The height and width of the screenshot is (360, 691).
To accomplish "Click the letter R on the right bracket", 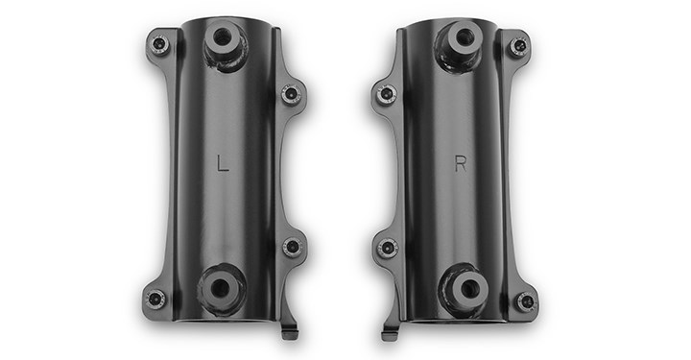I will (461, 164).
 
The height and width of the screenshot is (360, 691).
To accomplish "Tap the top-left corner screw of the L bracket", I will (159, 43).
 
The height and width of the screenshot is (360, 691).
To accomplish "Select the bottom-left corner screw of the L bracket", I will (155, 298).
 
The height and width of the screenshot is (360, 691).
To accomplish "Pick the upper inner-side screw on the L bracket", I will (291, 94).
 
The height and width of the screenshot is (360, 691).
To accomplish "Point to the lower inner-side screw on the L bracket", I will (292, 246).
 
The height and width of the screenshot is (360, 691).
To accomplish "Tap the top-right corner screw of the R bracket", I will (519, 45).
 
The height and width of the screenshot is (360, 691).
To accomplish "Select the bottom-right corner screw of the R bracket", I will (525, 300).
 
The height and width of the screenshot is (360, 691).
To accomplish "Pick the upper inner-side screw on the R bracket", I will (387, 94).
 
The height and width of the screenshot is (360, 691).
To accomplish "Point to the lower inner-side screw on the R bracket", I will (388, 247).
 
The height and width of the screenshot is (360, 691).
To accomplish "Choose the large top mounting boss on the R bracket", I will (463, 41).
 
